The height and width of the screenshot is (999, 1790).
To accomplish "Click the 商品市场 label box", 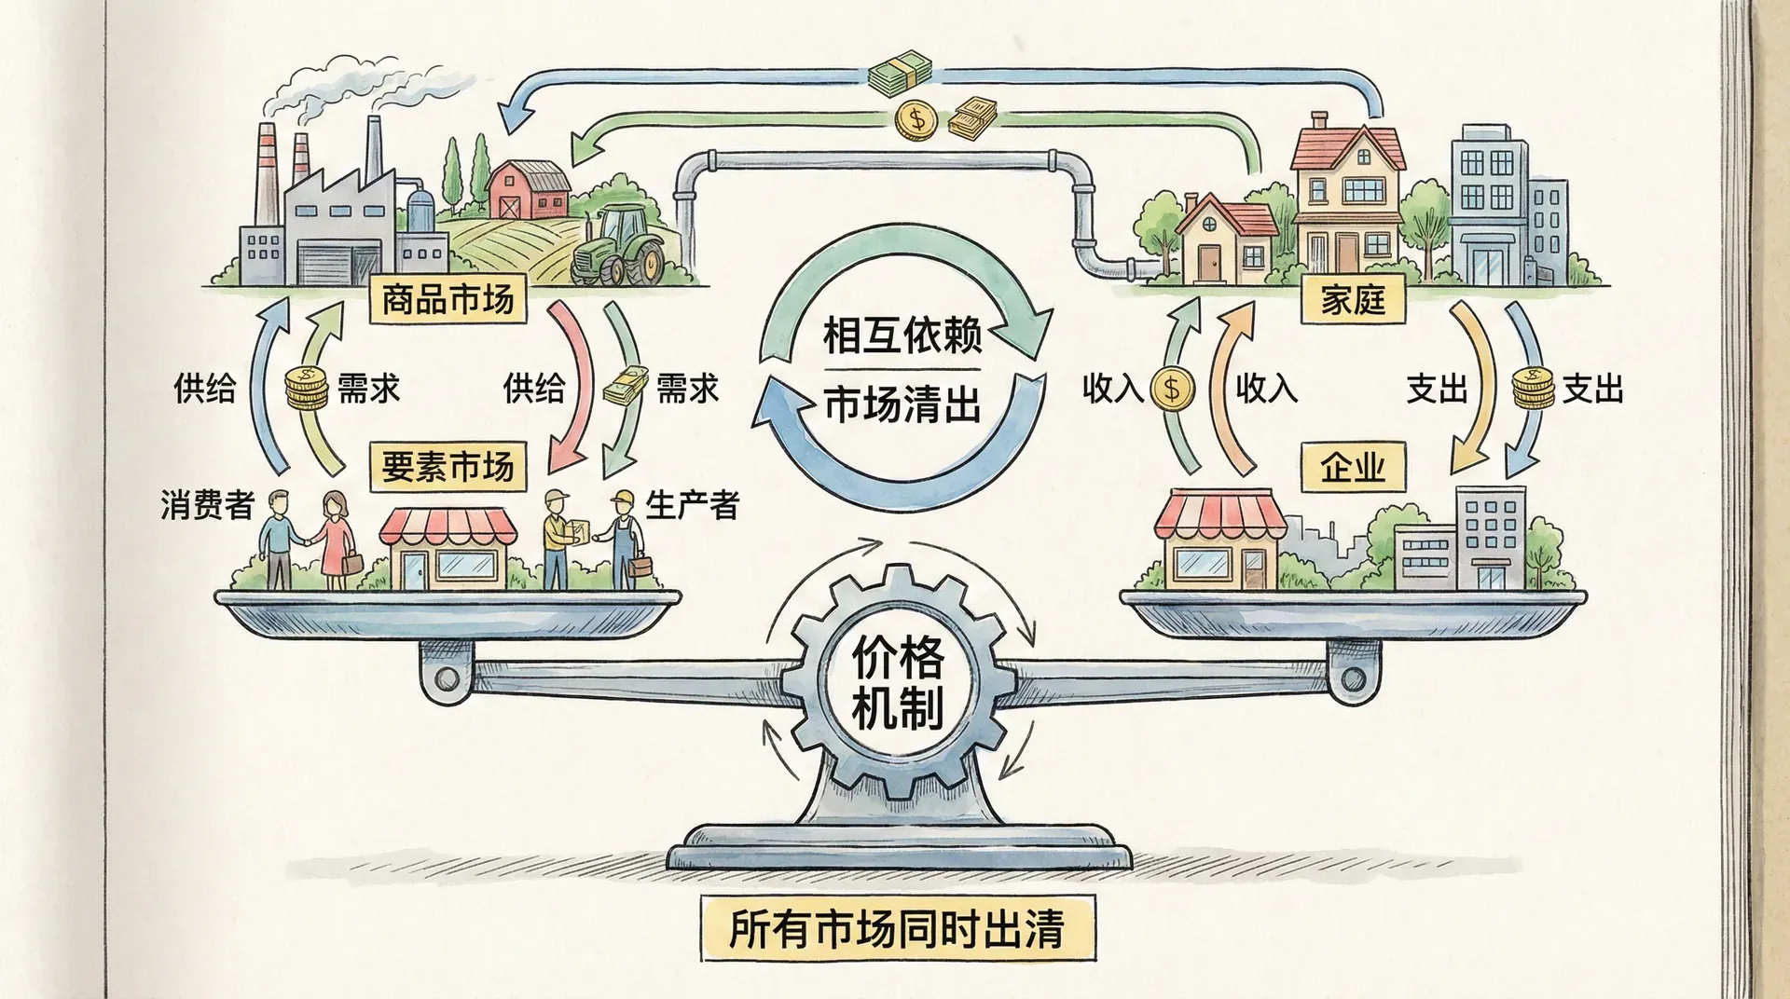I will [447, 300].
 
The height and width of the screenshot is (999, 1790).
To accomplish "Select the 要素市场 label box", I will [447, 466].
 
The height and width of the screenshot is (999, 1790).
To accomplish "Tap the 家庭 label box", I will [1353, 300].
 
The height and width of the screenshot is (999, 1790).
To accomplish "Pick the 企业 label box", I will [1353, 466].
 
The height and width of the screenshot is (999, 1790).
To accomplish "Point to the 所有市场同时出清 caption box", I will [897, 928].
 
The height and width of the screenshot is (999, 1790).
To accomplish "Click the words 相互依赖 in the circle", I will [902, 335].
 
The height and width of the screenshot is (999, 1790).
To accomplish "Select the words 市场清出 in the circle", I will [902, 406].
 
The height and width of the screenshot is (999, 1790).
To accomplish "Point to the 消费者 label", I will [207, 505].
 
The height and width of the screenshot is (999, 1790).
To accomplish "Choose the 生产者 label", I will [692, 505].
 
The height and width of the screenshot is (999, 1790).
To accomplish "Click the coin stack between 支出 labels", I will [1533, 388].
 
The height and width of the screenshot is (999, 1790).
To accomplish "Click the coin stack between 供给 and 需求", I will [306, 388].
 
